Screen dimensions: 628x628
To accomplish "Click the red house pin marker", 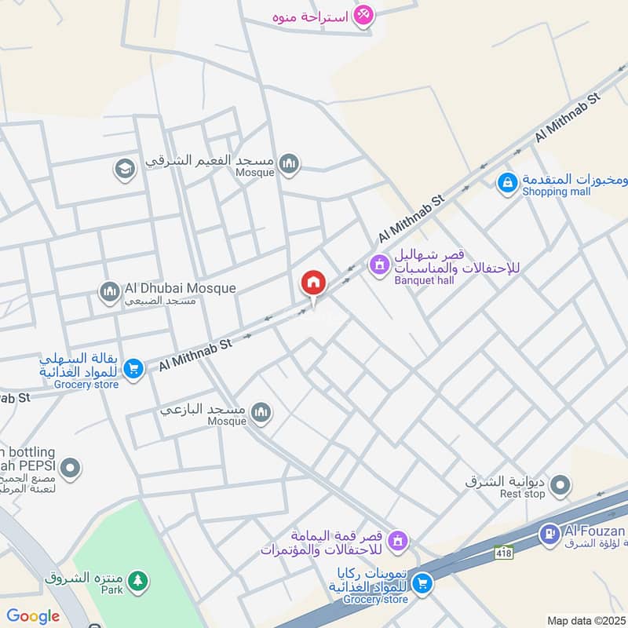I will tap(312, 283).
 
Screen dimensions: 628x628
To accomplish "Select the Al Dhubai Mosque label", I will tap(180, 288).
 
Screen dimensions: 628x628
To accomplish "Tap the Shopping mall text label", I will tap(557, 192).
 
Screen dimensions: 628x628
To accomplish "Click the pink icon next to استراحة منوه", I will tap(363, 15).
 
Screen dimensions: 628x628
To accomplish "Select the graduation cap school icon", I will tap(124, 168).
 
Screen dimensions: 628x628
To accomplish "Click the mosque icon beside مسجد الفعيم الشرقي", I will tap(290, 163).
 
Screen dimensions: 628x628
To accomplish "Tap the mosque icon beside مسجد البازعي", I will tap(261, 412).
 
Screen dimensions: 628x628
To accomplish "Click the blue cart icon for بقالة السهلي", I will tap(134, 367).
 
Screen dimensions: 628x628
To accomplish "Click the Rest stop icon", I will tap(560, 487).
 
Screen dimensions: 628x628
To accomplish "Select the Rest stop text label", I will tap(522, 494).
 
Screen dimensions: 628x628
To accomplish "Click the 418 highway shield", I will tap(504, 553).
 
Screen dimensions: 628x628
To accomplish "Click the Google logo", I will tap(32, 616).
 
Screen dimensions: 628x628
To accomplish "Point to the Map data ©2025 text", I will tap(585, 620).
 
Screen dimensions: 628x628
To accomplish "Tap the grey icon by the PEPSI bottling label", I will tap(71, 469).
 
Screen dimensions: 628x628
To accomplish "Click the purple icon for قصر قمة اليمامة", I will tap(399, 541).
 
